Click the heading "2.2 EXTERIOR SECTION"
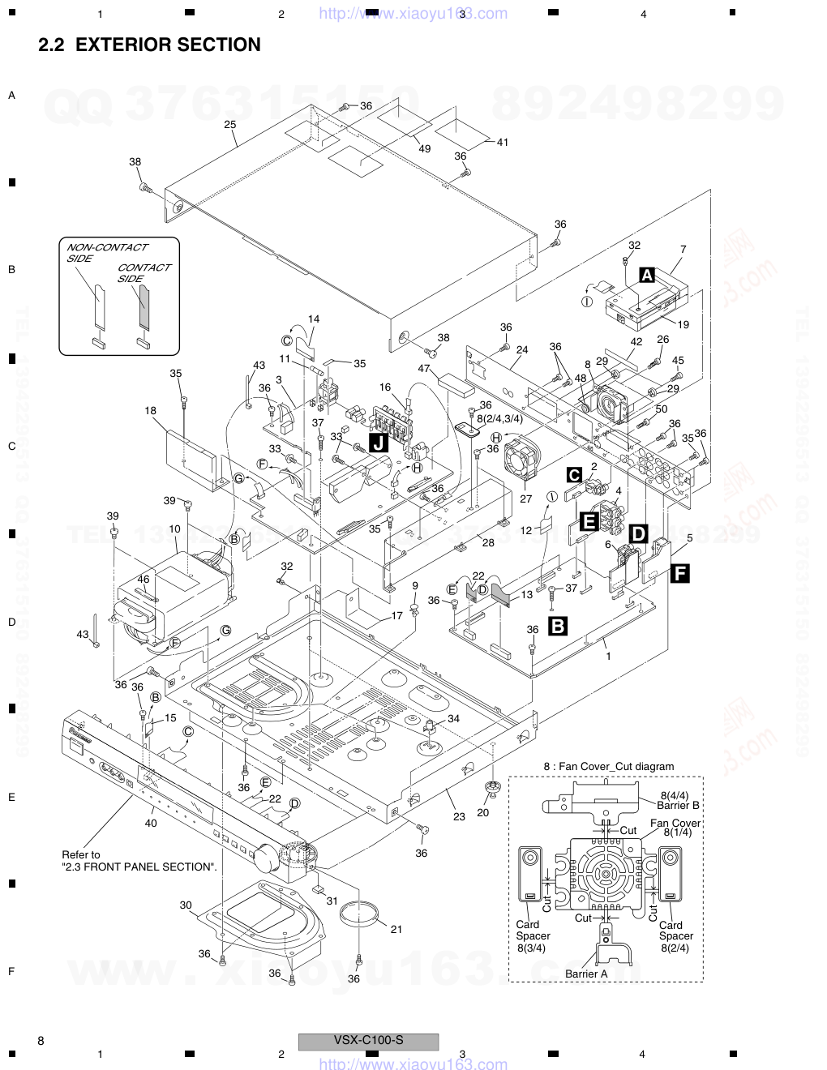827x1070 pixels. pos(150,45)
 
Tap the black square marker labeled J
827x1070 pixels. pos(378,443)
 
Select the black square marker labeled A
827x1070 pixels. pos(647,275)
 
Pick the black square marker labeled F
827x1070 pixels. pos(679,574)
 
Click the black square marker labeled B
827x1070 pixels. pos(558,626)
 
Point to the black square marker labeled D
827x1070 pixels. pos(639,533)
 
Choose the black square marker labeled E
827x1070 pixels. pos(589,521)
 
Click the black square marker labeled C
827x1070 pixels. pos(574,475)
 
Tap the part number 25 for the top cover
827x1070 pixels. pos(229,124)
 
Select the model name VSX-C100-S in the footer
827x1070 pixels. pos(368,1040)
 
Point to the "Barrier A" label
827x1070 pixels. pos(586,974)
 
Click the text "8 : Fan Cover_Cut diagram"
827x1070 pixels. pos(608,766)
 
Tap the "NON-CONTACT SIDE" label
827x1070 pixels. pos(106,252)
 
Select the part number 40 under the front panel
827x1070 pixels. pos(151,823)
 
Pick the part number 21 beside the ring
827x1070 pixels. pos(396,929)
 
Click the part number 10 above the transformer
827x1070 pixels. pos(174,529)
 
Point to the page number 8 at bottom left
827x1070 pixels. pos(41,1041)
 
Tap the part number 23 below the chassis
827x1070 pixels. pos(459,816)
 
